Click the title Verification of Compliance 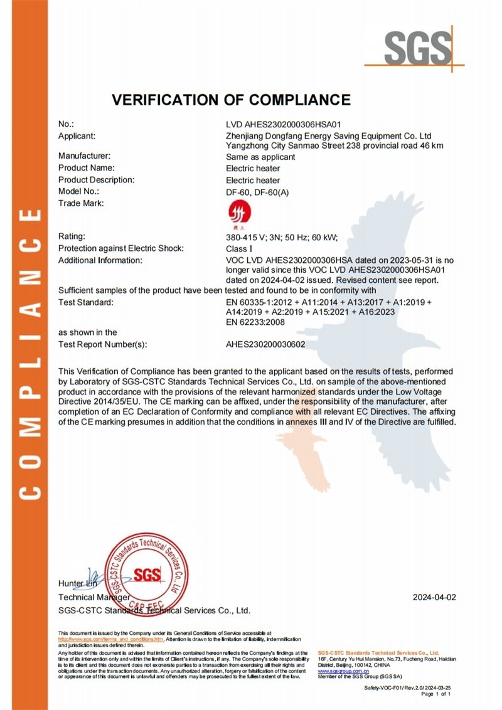pos(231,100)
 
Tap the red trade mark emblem pos(237,211)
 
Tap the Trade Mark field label pos(80,203)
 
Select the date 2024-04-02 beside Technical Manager pos(434,598)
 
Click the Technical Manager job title pos(93,598)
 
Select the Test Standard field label pos(85,303)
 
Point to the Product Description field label pos(96,180)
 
